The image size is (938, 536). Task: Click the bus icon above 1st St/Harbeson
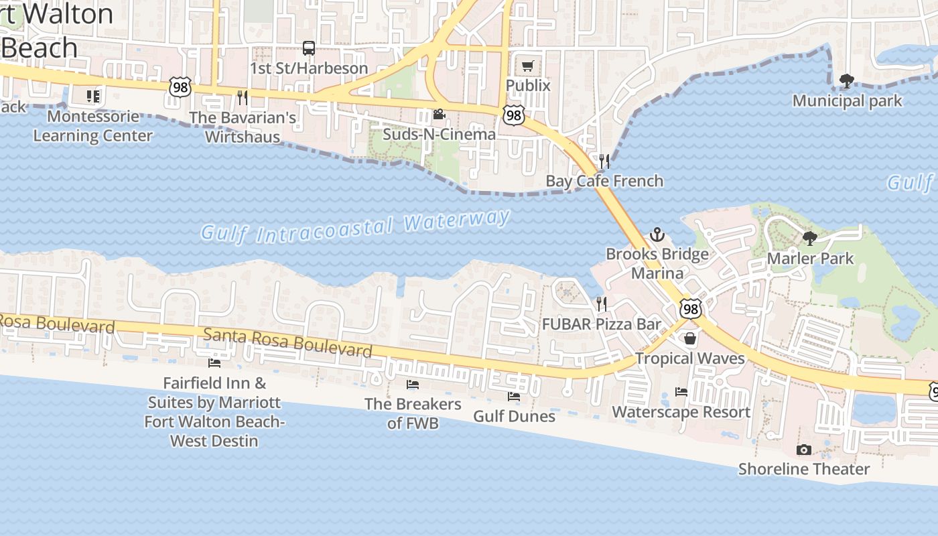click(x=309, y=48)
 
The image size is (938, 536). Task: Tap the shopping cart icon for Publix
click(x=528, y=66)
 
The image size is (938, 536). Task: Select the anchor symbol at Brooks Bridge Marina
click(x=657, y=234)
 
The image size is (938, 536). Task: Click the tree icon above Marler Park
click(x=810, y=239)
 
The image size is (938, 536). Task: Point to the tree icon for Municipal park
click(x=847, y=81)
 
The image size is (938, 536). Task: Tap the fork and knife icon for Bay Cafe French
click(x=604, y=161)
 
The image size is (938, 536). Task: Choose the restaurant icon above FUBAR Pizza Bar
click(x=602, y=304)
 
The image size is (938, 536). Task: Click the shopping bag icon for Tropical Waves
click(x=690, y=339)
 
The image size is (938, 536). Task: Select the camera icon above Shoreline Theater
click(x=803, y=450)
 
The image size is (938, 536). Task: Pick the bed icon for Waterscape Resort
click(x=681, y=392)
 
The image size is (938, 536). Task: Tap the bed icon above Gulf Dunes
click(x=514, y=397)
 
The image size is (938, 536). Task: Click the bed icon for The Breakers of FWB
click(x=413, y=385)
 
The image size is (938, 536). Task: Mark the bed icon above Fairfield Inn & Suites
click(x=214, y=363)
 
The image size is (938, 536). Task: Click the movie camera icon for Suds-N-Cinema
click(x=439, y=115)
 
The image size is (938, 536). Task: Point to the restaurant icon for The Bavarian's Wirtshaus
click(x=243, y=98)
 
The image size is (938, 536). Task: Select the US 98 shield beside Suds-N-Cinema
click(x=513, y=115)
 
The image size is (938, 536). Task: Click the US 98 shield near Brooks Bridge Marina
click(x=690, y=308)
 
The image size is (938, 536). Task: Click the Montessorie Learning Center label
click(x=93, y=126)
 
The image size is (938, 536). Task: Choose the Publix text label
click(x=528, y=86)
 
